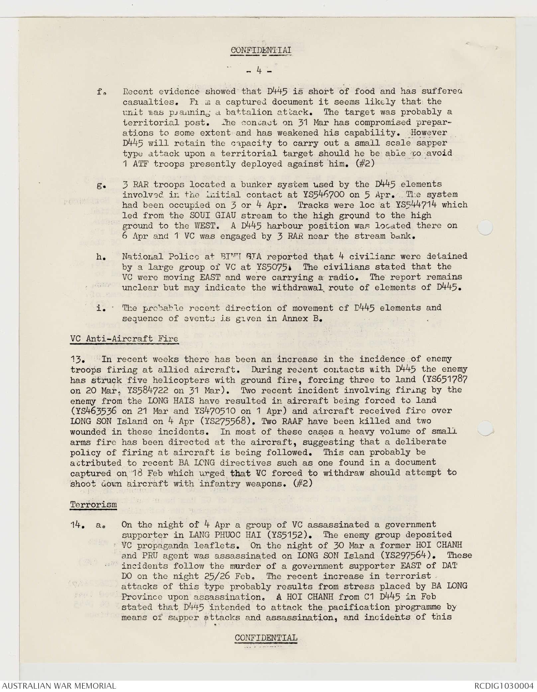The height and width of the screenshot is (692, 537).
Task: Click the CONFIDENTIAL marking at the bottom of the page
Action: click(x=266, y=638)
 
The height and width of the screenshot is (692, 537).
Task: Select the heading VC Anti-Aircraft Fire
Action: click(x=124, y=339)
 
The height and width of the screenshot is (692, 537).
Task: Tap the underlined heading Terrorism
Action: click(x=93, y=505)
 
